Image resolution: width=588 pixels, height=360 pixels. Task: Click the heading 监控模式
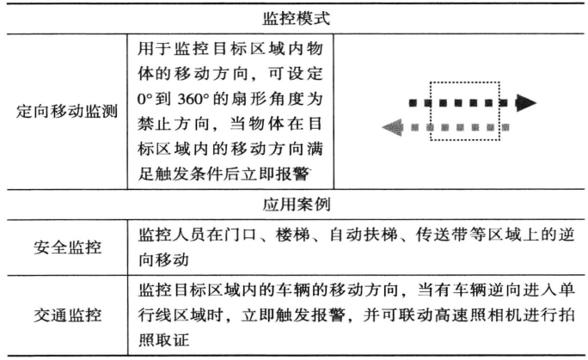293,16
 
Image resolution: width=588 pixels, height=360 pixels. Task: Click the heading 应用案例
293,206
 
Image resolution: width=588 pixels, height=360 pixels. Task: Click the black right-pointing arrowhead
526,103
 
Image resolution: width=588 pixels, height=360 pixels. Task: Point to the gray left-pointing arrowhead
390,129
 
